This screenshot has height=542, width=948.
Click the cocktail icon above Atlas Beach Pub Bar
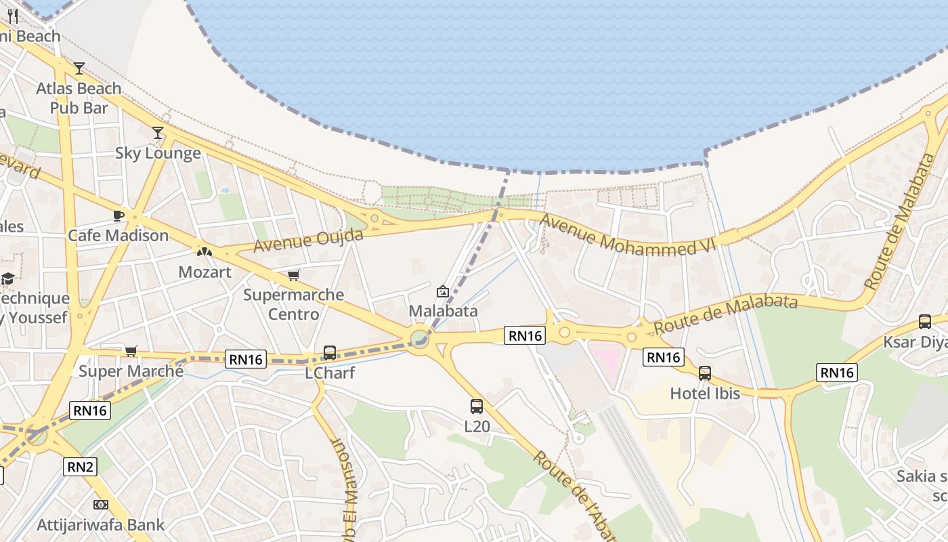[x=79, y=68]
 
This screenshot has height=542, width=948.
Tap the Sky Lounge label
[x=158, y=153]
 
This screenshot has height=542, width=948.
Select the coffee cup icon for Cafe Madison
[x=118, y=216]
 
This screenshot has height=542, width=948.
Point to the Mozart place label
[x=204, y=272]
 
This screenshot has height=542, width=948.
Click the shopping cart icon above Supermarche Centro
[x=293, y=276]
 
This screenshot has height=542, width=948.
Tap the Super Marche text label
[x=131, y=371]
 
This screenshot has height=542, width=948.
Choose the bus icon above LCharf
[x=330, y=353]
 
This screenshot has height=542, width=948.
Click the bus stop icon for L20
[x=477, y=406]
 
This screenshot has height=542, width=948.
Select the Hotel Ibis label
[x=705, y=393]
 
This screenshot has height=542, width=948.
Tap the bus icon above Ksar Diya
[x=925, y=322]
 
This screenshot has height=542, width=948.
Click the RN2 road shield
[x=81, y=466]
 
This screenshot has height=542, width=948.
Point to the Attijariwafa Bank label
[x=100, y=524]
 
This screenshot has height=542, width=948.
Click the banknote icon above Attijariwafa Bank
[x=101, y=505]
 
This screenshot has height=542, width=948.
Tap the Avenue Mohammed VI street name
[x=627, y=234]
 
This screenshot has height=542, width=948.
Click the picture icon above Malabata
[x=443, y=292]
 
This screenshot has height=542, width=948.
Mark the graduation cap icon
[x=7, y=278]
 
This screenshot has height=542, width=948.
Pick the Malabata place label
[x=444, y=312]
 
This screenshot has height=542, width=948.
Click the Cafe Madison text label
[x=118, y=236]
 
